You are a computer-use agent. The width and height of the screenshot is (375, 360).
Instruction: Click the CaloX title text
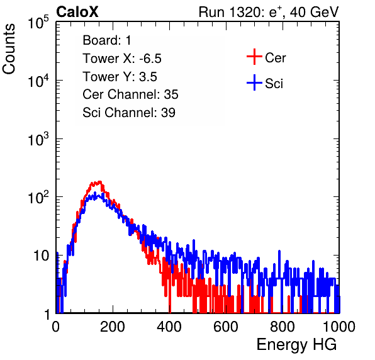point(77,12)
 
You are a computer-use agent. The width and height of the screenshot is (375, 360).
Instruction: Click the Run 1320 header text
point(269,12)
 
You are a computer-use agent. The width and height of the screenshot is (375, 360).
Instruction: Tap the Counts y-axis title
point(9,49)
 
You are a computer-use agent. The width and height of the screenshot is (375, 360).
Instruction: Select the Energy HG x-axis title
point(296,345)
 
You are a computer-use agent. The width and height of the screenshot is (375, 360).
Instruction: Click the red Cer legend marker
point(254,57)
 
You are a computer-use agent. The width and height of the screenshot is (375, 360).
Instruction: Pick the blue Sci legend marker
point(254,82)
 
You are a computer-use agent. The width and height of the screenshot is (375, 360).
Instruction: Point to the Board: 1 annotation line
point(107,40)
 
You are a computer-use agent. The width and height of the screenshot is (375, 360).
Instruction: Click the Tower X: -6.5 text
point(122,59)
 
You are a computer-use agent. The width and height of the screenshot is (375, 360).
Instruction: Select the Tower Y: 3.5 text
point(120,77)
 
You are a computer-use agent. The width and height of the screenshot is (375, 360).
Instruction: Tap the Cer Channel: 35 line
point(130,94)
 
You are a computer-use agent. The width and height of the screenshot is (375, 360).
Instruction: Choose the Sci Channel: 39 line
point(129,113)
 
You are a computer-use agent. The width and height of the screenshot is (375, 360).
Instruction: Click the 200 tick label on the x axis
point(113,327)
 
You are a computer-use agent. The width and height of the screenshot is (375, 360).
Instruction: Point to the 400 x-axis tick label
point(169,327)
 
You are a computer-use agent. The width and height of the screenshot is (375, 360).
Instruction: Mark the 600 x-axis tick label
point(226,327)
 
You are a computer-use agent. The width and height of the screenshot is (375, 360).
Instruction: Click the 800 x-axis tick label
point(283,327)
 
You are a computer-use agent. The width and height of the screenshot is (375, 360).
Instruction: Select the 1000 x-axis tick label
point(339,327)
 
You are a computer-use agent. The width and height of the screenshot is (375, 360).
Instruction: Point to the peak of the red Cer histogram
point(99,182)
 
